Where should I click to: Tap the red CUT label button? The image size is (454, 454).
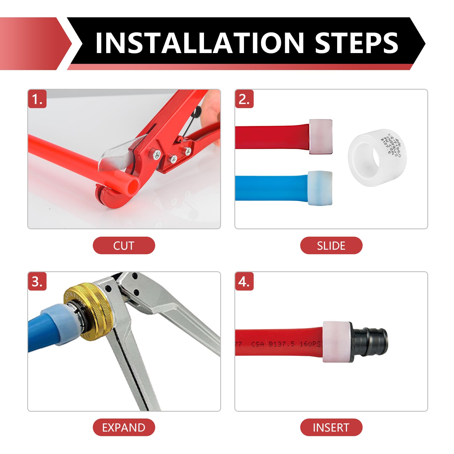coord(124,245)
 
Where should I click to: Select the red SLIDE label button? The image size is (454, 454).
coord(331,245)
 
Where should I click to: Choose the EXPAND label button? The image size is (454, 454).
coord(124,427)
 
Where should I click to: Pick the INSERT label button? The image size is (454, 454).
coord(331,427)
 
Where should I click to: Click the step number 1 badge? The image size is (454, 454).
coord(37,99)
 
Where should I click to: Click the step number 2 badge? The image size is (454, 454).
coord(244,99)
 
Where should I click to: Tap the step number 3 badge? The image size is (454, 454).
coord(37,282)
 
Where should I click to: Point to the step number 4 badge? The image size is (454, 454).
coord(244,282)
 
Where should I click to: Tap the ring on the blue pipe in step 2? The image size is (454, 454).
coord(320,188)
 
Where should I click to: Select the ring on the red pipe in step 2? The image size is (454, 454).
coord(321,137)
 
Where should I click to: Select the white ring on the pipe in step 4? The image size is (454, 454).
coord(336,342)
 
